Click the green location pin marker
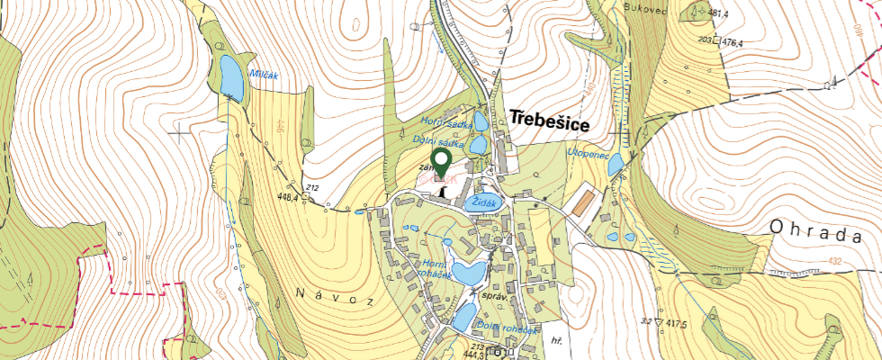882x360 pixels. [441, 163]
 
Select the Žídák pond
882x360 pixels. [483, 202]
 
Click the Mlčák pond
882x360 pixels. [232, 78]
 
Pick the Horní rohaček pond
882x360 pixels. [469, 272]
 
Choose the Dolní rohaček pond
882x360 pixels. [464, 316]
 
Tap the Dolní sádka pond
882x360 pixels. [477, 144]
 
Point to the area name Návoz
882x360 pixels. [333, 296]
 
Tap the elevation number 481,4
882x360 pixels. [717, 14]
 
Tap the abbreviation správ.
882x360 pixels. [497, 296]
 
